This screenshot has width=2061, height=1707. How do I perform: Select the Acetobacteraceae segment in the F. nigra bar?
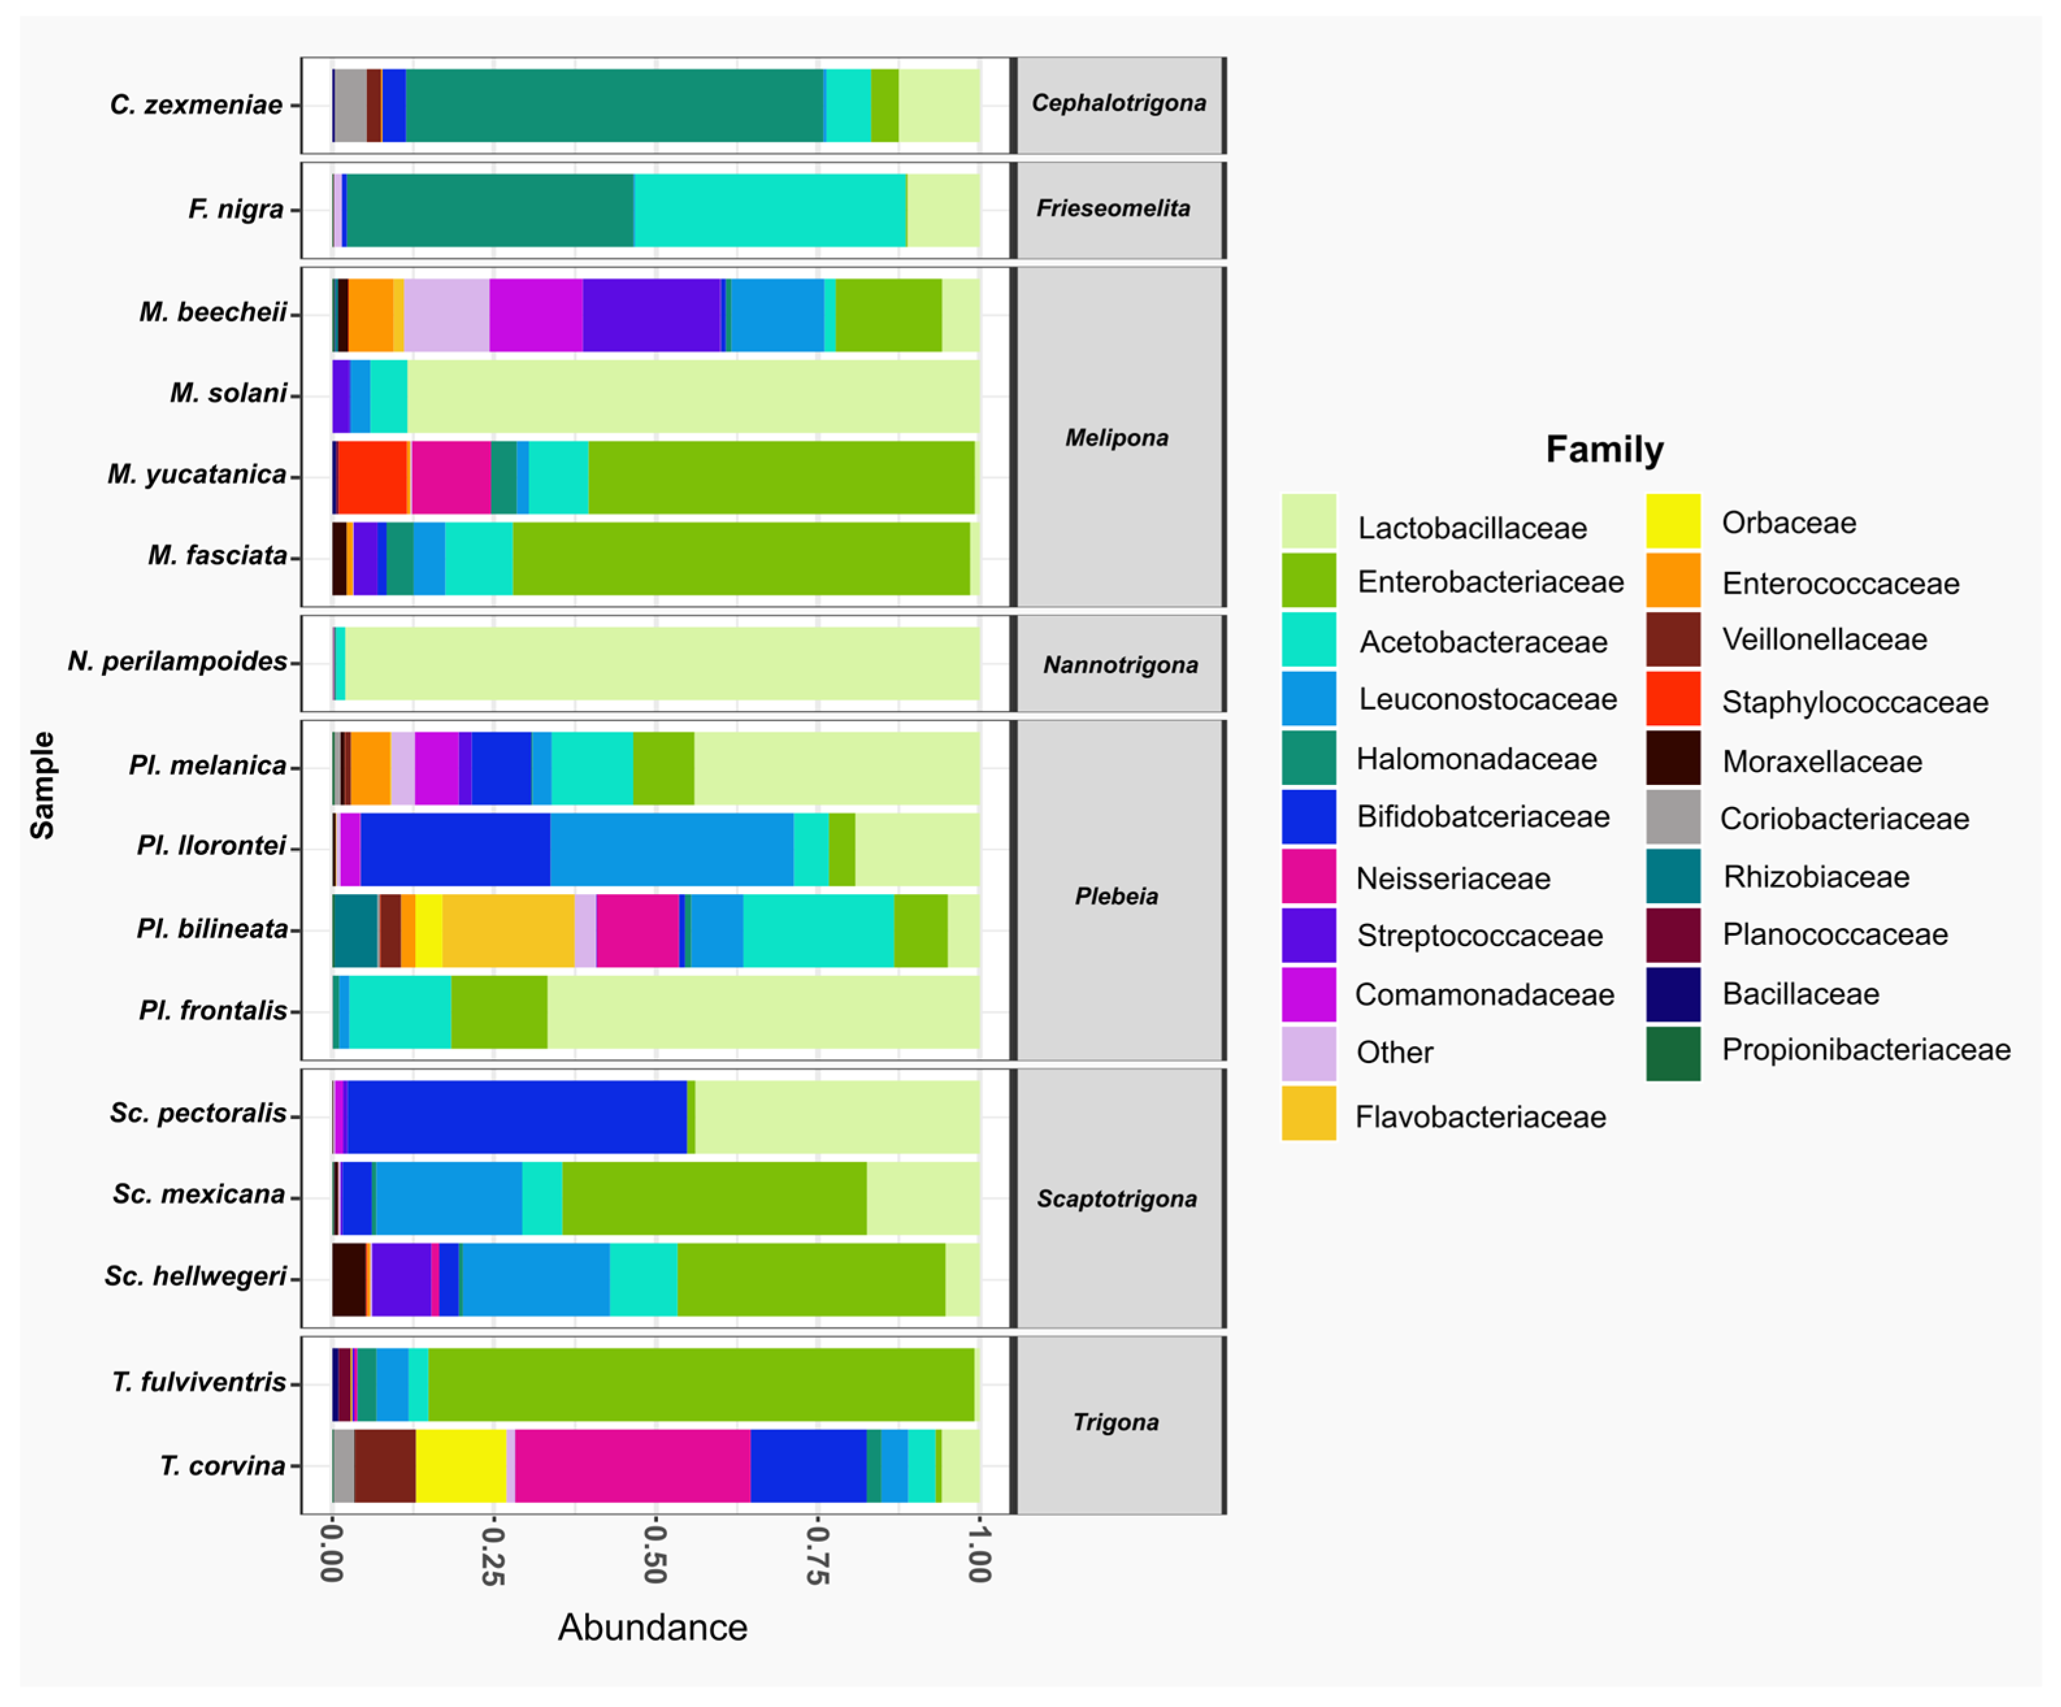coord(770,210)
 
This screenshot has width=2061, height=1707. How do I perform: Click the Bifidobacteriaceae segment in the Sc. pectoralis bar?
coord(517,1117)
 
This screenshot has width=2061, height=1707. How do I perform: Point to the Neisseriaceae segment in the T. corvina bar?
coord(633,1465)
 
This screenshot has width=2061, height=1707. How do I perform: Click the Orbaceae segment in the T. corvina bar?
coord(461,1465)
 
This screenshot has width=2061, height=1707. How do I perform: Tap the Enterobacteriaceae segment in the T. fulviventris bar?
coord(702,1384)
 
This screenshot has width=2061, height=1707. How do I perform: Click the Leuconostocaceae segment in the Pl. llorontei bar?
coord(671,849)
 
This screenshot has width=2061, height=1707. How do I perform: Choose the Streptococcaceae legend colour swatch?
coord(1308,936)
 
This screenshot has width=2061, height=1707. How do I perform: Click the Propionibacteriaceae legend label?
coord(1865,1049)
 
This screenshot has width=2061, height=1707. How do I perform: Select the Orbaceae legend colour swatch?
coord(1673,521)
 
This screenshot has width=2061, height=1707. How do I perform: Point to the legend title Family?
coord(1604,450)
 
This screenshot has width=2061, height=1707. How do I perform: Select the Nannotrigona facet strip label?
coord(1120,665)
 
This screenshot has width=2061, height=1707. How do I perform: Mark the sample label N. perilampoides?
coord(177,661)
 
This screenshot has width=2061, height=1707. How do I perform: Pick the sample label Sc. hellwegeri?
coord(196,1276)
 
